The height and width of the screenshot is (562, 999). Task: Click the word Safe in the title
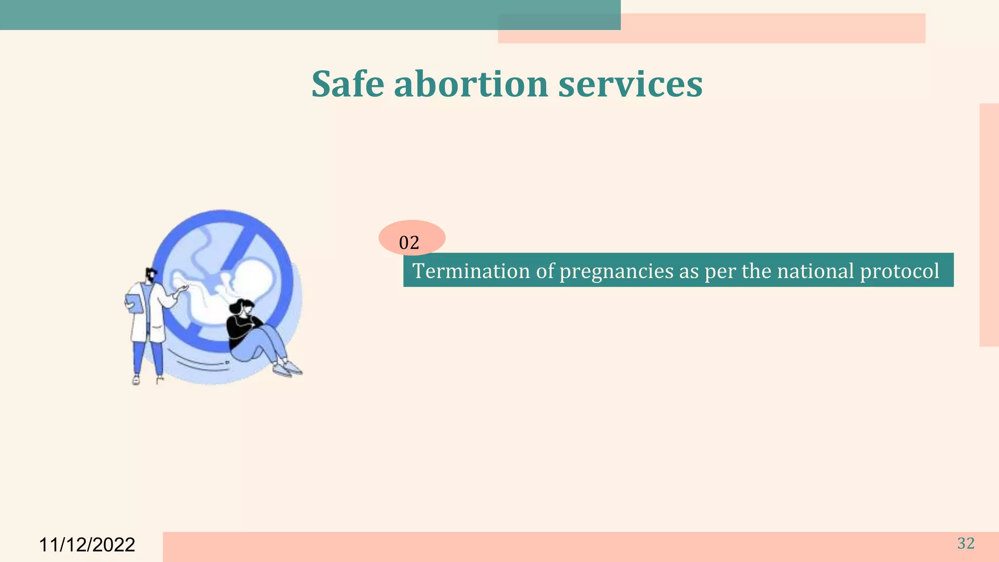[x=348, y=84]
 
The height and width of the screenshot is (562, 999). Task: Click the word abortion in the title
[x=471, y=84]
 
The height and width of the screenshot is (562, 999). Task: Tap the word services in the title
[x=630, y=84]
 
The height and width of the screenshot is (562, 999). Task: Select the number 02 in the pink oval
[x=409, y=242]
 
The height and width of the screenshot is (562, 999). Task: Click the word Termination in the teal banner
[x=471, y=271]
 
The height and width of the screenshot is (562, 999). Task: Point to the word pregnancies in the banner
[x=616, y=271]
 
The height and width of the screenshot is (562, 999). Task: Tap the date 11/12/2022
[x=87, y=545]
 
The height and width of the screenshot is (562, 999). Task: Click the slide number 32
[x=966, y=543]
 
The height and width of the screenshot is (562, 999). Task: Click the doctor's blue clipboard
[x=135, y=303]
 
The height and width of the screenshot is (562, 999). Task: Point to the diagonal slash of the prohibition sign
[x=241, y=249]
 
